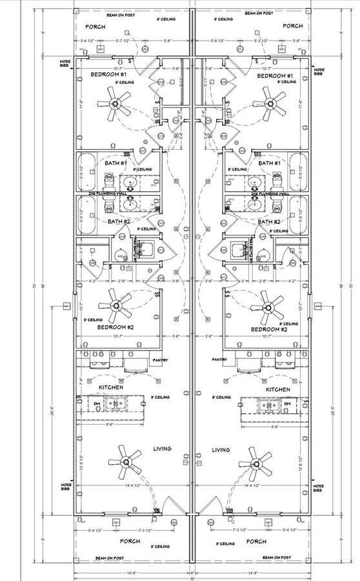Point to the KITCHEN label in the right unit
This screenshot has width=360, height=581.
278,389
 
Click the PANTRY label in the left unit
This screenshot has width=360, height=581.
161,360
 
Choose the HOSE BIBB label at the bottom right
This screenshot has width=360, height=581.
318,488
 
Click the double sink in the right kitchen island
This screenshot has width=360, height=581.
269,405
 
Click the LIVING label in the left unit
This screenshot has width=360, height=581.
162,449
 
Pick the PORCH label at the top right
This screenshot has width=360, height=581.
292,26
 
